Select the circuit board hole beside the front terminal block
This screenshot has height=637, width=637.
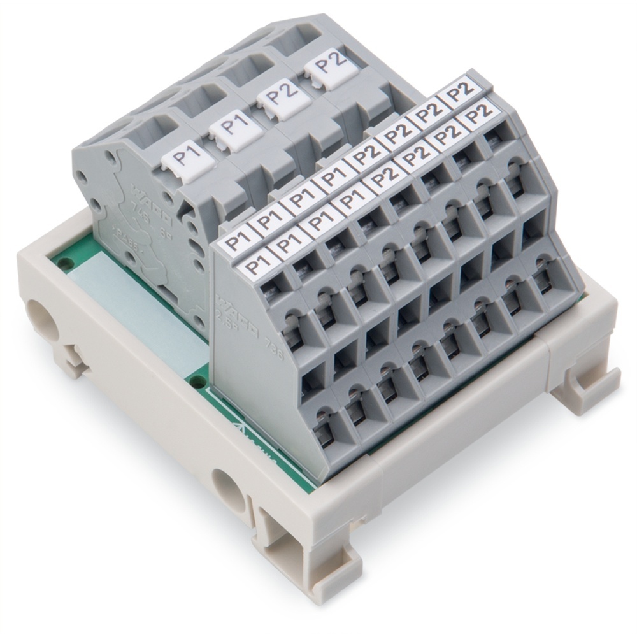point(197,381)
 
